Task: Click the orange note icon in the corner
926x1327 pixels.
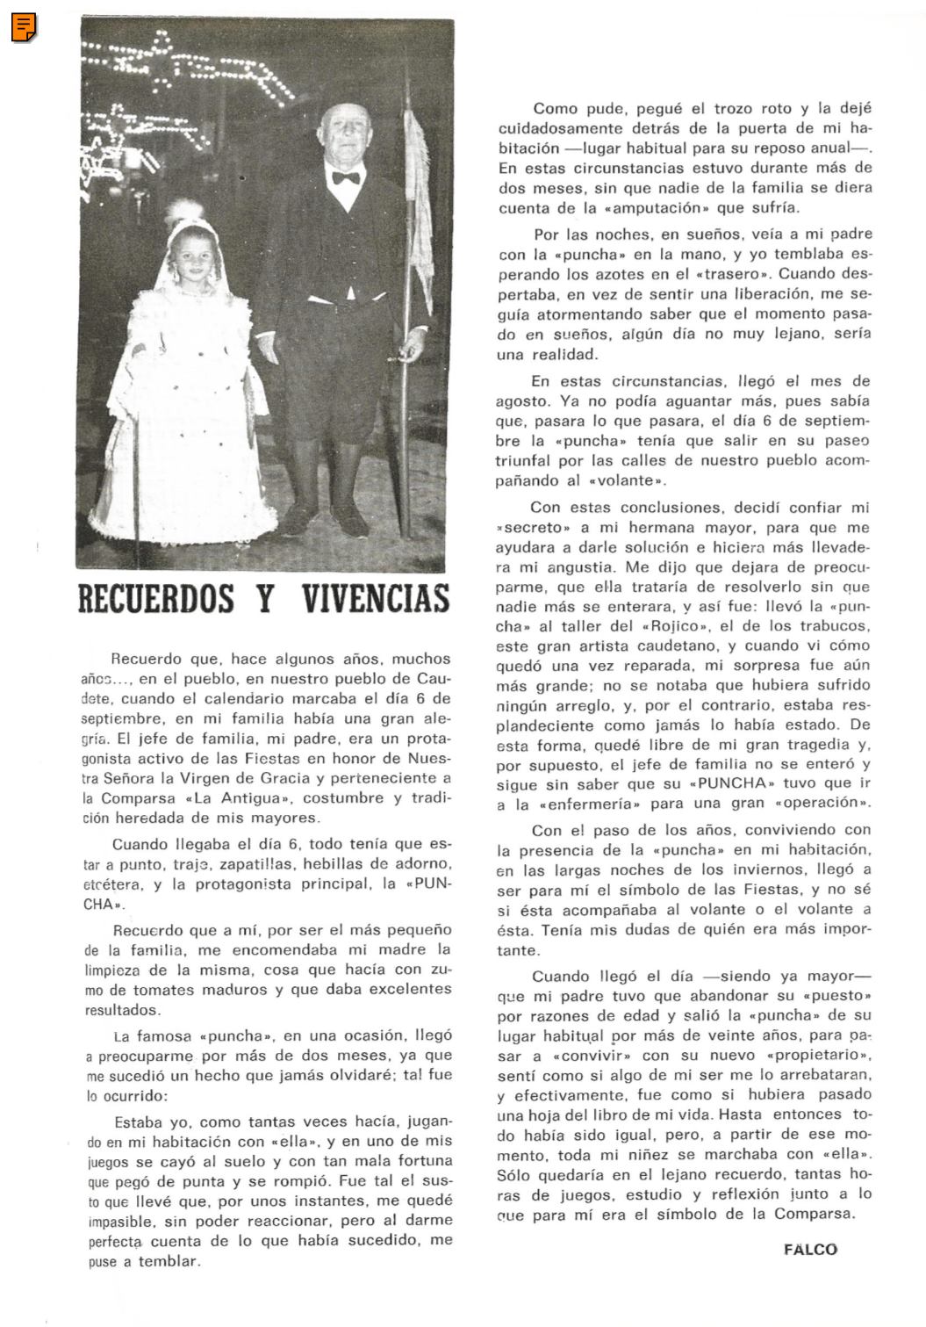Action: coord(24,28)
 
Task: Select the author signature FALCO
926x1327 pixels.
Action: coord(810,1249)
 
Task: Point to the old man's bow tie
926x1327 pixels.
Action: coord(345,177)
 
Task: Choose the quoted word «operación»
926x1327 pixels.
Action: coord(822,804)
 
